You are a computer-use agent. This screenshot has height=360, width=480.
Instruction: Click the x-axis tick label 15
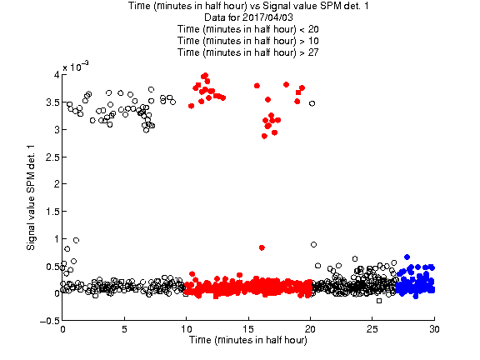(248, 329)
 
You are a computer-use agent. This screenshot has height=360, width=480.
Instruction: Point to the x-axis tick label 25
(372, 329)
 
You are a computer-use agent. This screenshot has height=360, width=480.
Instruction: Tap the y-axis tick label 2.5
(52, 157)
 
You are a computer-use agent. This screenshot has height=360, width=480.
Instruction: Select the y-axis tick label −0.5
(50, 321)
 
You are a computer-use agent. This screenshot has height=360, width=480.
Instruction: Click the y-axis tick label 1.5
(52, 212)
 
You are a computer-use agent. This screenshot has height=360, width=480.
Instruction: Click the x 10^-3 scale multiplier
(76, 67)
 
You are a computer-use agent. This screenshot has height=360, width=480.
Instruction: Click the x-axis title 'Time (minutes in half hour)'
(248, 340)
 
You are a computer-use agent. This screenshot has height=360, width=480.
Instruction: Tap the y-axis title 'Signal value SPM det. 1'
(31, 197)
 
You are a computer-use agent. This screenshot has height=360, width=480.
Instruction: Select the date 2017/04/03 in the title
(267, 17)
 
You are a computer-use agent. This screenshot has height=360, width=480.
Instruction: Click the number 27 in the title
(313, 52)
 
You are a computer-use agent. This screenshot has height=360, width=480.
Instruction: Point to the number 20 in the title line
(313, 29)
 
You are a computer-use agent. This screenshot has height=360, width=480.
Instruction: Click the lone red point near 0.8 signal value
(262, 247)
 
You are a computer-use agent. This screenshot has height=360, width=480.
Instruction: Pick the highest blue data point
(407, 257)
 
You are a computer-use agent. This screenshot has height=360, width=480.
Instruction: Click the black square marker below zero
(379, 301)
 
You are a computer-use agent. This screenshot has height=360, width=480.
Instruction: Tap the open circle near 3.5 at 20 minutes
(312, 103)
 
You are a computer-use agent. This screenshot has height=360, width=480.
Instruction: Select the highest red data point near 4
(205, 75)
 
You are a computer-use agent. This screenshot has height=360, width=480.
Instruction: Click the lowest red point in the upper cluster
(264, 136)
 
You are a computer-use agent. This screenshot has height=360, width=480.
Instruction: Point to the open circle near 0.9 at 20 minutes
(313, 245)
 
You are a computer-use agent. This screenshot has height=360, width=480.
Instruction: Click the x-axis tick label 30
(434, 329)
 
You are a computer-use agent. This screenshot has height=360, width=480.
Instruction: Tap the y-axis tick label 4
(57, 75)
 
